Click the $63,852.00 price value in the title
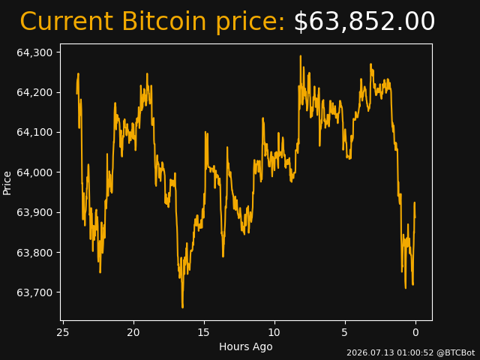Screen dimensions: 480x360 tap(364, 22)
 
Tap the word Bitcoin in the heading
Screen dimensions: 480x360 tap(164, 21)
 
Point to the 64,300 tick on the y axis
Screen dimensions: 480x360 tap(34, 52)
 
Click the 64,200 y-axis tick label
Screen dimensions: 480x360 tap(34, 92)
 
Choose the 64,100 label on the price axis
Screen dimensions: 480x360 tap(34, 133)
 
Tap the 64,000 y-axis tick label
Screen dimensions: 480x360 tap(34, 172)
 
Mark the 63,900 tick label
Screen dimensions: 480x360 tap(34, 212)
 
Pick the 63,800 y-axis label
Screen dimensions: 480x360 tap(34, 253)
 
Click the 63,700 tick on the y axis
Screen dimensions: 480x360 tap(34, 292)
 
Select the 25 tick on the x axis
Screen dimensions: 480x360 tap(63, 332)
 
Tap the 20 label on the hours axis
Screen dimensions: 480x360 tap(133, 332)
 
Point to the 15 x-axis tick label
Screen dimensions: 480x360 tap(204, 332)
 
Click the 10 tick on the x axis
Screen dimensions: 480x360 tap(274, 332)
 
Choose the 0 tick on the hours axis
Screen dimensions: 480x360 tap(415, 332)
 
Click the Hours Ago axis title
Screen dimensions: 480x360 tap(246, 346)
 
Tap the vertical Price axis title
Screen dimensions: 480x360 tap(7, 183)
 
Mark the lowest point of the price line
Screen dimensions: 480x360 tap(183, 307)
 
